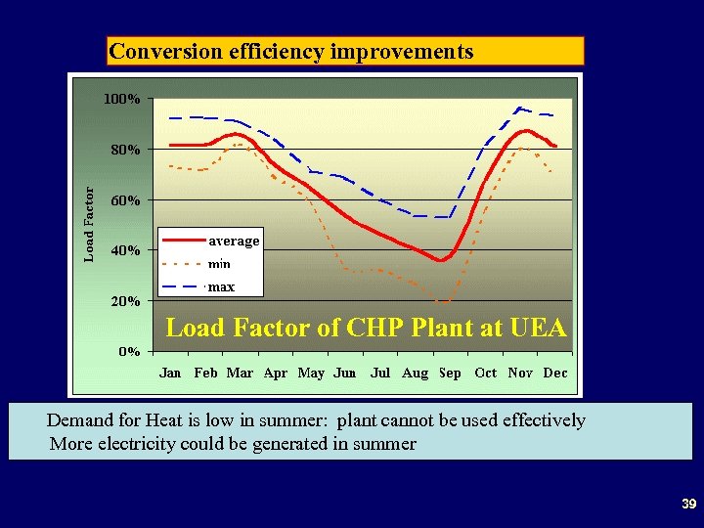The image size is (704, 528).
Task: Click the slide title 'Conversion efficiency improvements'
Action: click(290, 51)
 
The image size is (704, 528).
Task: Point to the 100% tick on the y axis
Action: click(122, 100)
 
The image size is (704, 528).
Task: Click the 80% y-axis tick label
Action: click(125, 150)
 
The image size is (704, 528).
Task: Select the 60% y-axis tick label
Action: click(125, 200)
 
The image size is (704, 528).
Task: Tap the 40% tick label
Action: click(125, 250)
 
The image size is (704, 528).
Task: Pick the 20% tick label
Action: click(125, 301)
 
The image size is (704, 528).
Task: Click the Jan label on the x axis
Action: click(170, 373)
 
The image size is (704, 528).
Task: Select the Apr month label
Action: click(276, 373)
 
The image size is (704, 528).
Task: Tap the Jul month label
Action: click(380, 373)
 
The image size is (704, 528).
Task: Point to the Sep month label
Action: click(450, 373)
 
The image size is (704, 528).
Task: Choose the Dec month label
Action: click(555, 373)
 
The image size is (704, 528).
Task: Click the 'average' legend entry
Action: click(234, 241)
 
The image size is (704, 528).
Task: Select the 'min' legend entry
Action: click(219, 264)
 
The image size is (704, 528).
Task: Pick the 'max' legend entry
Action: click(221, 287)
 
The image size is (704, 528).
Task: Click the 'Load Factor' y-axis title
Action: click(89, 225)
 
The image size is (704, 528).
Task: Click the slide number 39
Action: click(688, 505)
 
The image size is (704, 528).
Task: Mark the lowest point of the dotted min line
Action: click(446, 302)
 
